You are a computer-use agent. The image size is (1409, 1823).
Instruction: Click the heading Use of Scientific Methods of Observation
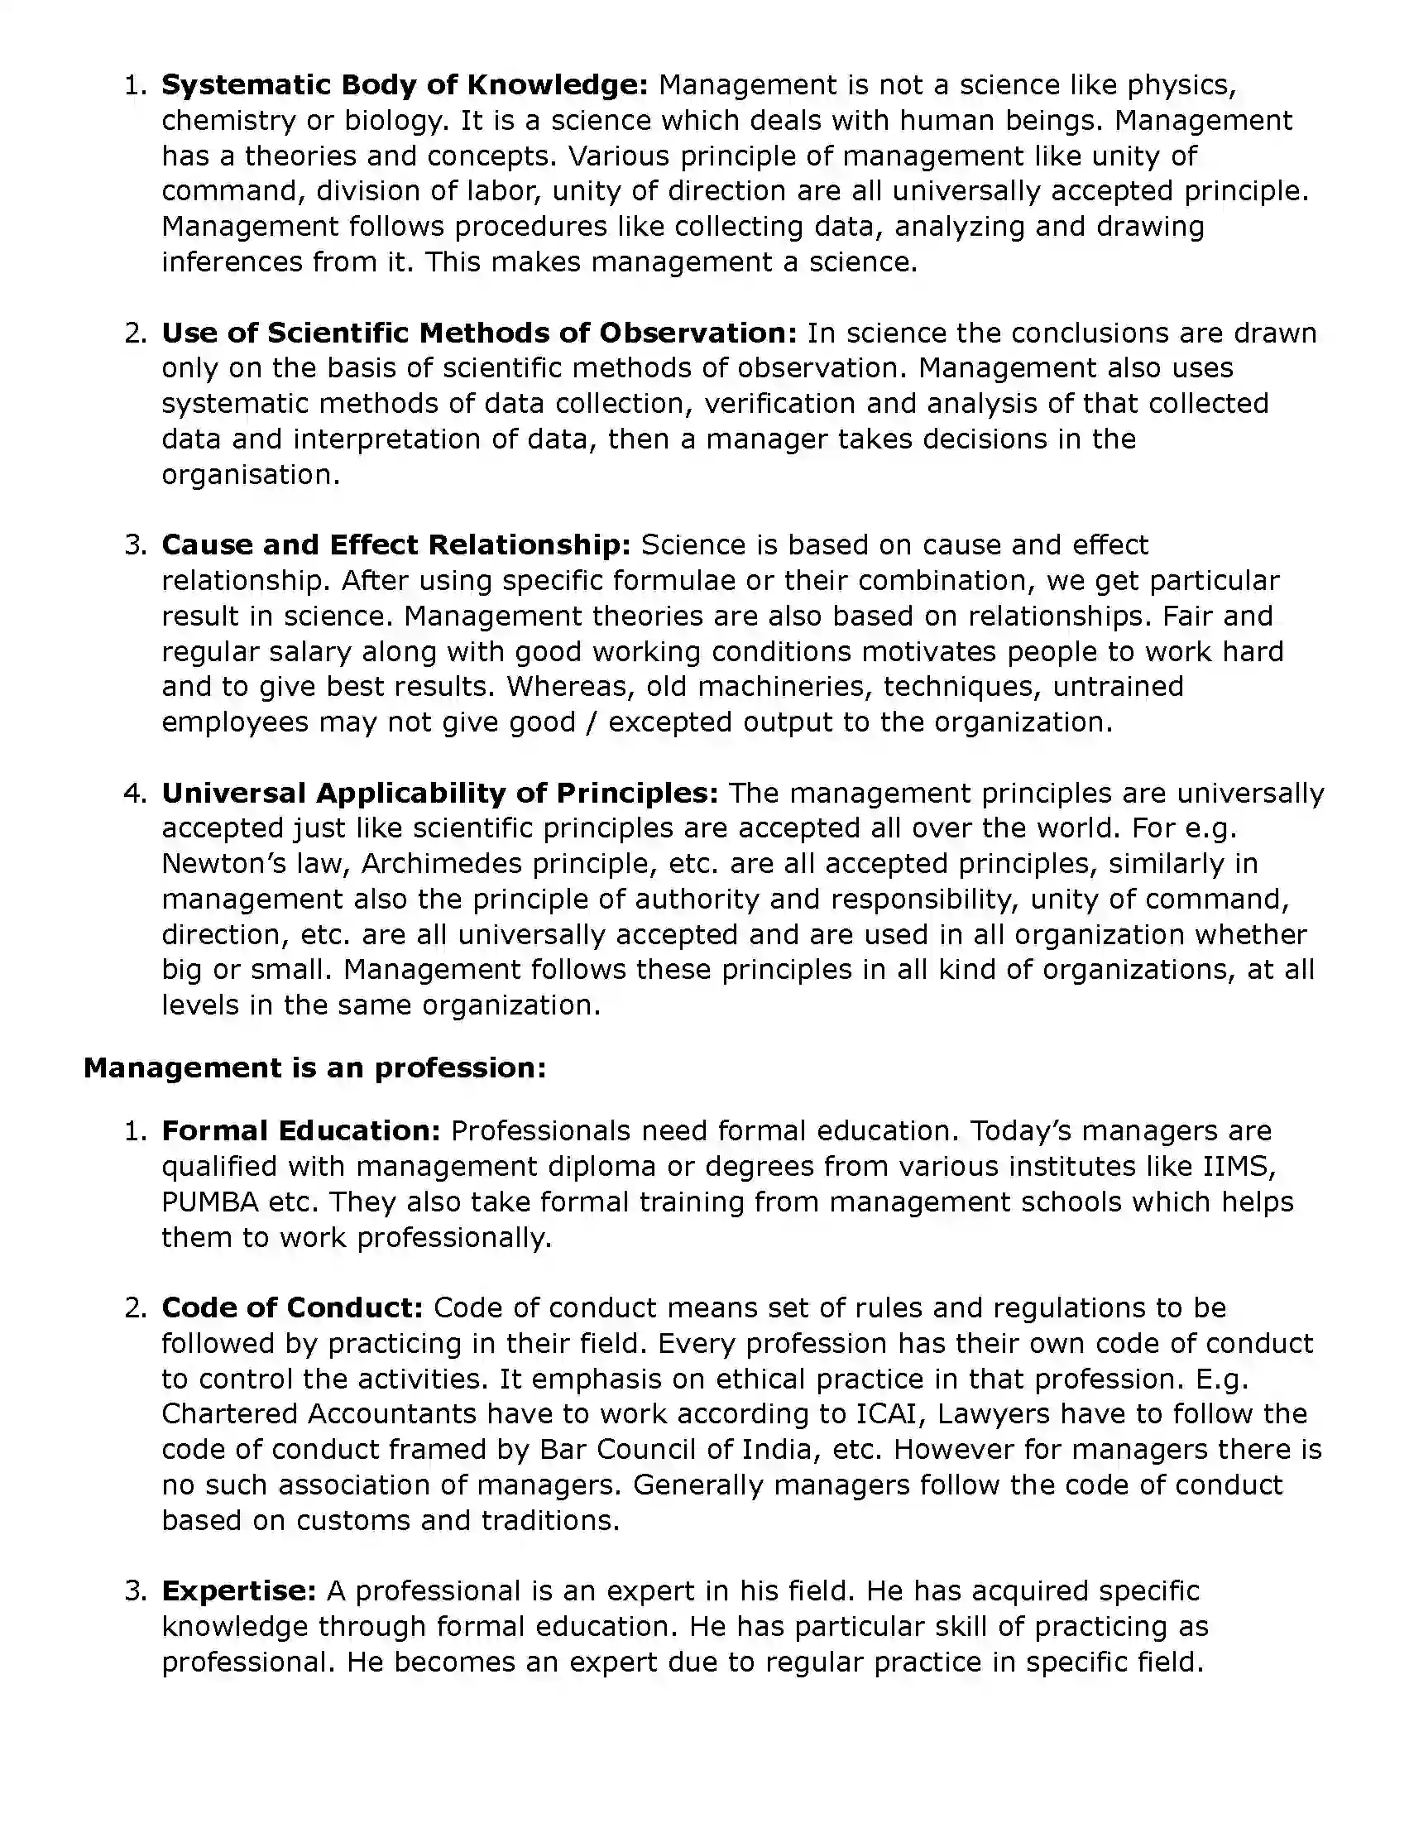(x=479, y=333)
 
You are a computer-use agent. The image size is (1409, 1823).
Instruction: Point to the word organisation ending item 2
(x=251, y=475)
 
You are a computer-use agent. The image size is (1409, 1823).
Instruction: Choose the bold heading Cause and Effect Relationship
(x=395, y=545)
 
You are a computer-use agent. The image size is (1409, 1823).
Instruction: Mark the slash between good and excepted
(x=592, y=722)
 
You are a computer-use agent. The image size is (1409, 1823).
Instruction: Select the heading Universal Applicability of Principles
(x=439, y=793)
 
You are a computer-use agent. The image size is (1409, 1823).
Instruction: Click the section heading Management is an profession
(x=314, y=1068)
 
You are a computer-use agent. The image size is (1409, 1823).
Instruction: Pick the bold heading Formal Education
(x=300, y=1131)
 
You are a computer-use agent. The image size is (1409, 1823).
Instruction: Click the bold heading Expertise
(x=239, y=1591)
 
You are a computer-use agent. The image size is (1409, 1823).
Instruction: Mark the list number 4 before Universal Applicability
(x=133, y=793)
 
